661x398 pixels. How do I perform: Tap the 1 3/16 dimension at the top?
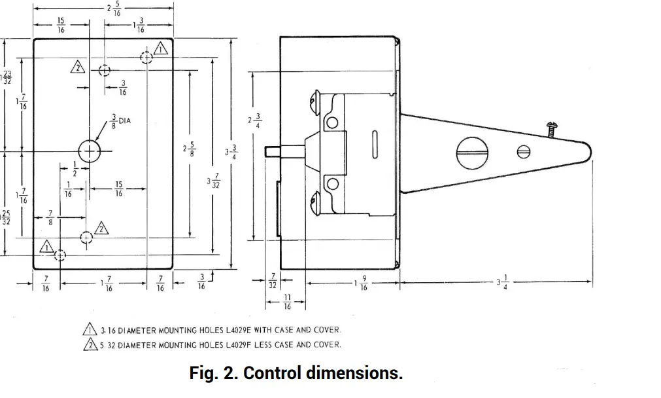click(137, 26)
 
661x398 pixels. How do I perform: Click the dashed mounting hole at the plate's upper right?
click(146, 58)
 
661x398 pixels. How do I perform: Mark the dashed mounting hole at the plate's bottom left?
click(60, 255)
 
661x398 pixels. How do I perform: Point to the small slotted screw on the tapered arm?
click(522, 151)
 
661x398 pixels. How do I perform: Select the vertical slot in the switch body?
click(375, 145)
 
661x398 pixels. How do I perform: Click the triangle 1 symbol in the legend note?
click(88, 330)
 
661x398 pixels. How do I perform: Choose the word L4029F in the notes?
click(243, 344)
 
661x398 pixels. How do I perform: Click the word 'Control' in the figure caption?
click(274, 374)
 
